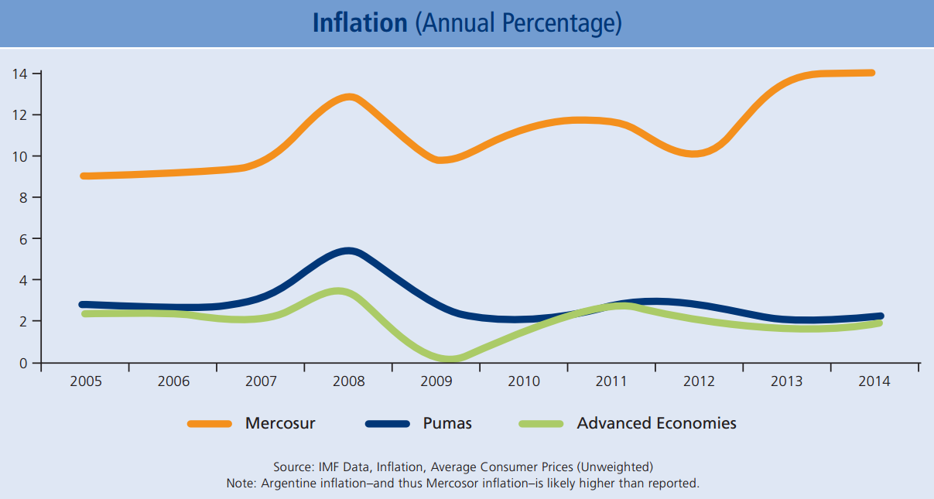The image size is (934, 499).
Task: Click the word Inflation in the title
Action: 359,23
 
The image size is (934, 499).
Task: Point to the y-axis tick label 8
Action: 24,197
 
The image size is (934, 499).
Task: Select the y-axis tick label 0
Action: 24,363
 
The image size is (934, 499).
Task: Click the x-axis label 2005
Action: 85,381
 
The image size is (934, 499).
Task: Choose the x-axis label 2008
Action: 348,381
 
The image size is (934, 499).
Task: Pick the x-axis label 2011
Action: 611,381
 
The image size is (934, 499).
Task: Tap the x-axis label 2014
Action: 874,381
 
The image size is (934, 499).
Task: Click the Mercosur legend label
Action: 280,423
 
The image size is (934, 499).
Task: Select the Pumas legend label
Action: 447,423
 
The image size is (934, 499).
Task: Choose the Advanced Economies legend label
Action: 656,423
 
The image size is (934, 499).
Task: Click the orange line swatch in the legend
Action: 210,423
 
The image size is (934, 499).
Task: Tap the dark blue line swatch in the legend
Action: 387,423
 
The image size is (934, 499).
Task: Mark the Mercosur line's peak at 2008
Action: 349,97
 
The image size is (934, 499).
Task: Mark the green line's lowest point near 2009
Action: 450,359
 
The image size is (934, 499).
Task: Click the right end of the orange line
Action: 871,73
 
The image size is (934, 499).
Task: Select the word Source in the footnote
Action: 292,467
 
